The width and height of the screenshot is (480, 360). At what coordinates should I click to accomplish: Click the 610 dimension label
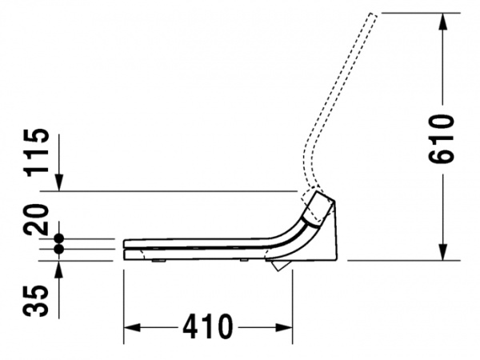[441, 138]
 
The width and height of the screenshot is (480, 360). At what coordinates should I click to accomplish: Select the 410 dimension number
[207, 326]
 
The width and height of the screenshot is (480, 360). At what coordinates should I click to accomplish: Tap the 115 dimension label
[37, 153]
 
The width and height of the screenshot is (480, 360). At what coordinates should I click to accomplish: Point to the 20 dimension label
[37, 219]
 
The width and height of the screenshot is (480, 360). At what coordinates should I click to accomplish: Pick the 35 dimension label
[36, 301]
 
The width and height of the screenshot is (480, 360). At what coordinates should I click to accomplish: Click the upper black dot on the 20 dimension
[58, 238]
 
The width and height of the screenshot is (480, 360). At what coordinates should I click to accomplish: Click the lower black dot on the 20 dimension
[58, 249]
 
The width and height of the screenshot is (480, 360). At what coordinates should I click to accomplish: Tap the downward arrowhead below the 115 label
[59, 182]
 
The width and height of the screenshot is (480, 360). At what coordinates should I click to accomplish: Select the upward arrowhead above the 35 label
[58, 270]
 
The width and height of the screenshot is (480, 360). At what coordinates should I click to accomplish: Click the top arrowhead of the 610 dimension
[442, 22]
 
